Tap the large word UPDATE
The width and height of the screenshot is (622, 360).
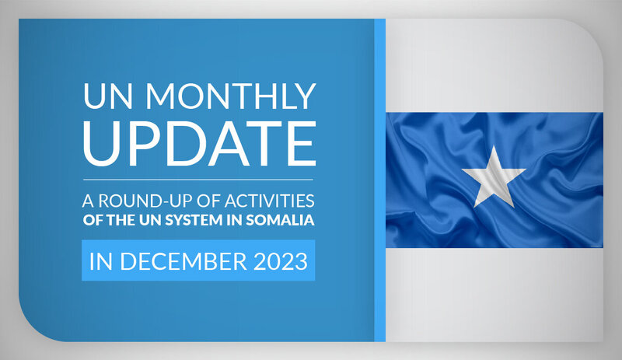click(200, 144)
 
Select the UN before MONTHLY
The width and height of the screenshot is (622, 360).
click(107, 96)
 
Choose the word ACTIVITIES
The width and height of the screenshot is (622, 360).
click(269, 201)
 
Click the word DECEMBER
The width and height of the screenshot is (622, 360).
click(183, 261)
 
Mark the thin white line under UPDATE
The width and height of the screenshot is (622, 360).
click(198, 180)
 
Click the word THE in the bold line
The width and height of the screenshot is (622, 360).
click(121, 220)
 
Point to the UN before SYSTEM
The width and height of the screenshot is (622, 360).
click(150, 220)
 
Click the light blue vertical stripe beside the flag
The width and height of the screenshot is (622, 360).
click(379, 180)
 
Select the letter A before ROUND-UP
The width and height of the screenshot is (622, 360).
click(88, 201)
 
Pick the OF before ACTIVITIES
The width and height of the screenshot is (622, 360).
click(208, 201)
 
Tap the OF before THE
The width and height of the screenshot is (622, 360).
click(93, 220)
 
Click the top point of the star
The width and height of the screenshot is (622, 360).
click(494, 145)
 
